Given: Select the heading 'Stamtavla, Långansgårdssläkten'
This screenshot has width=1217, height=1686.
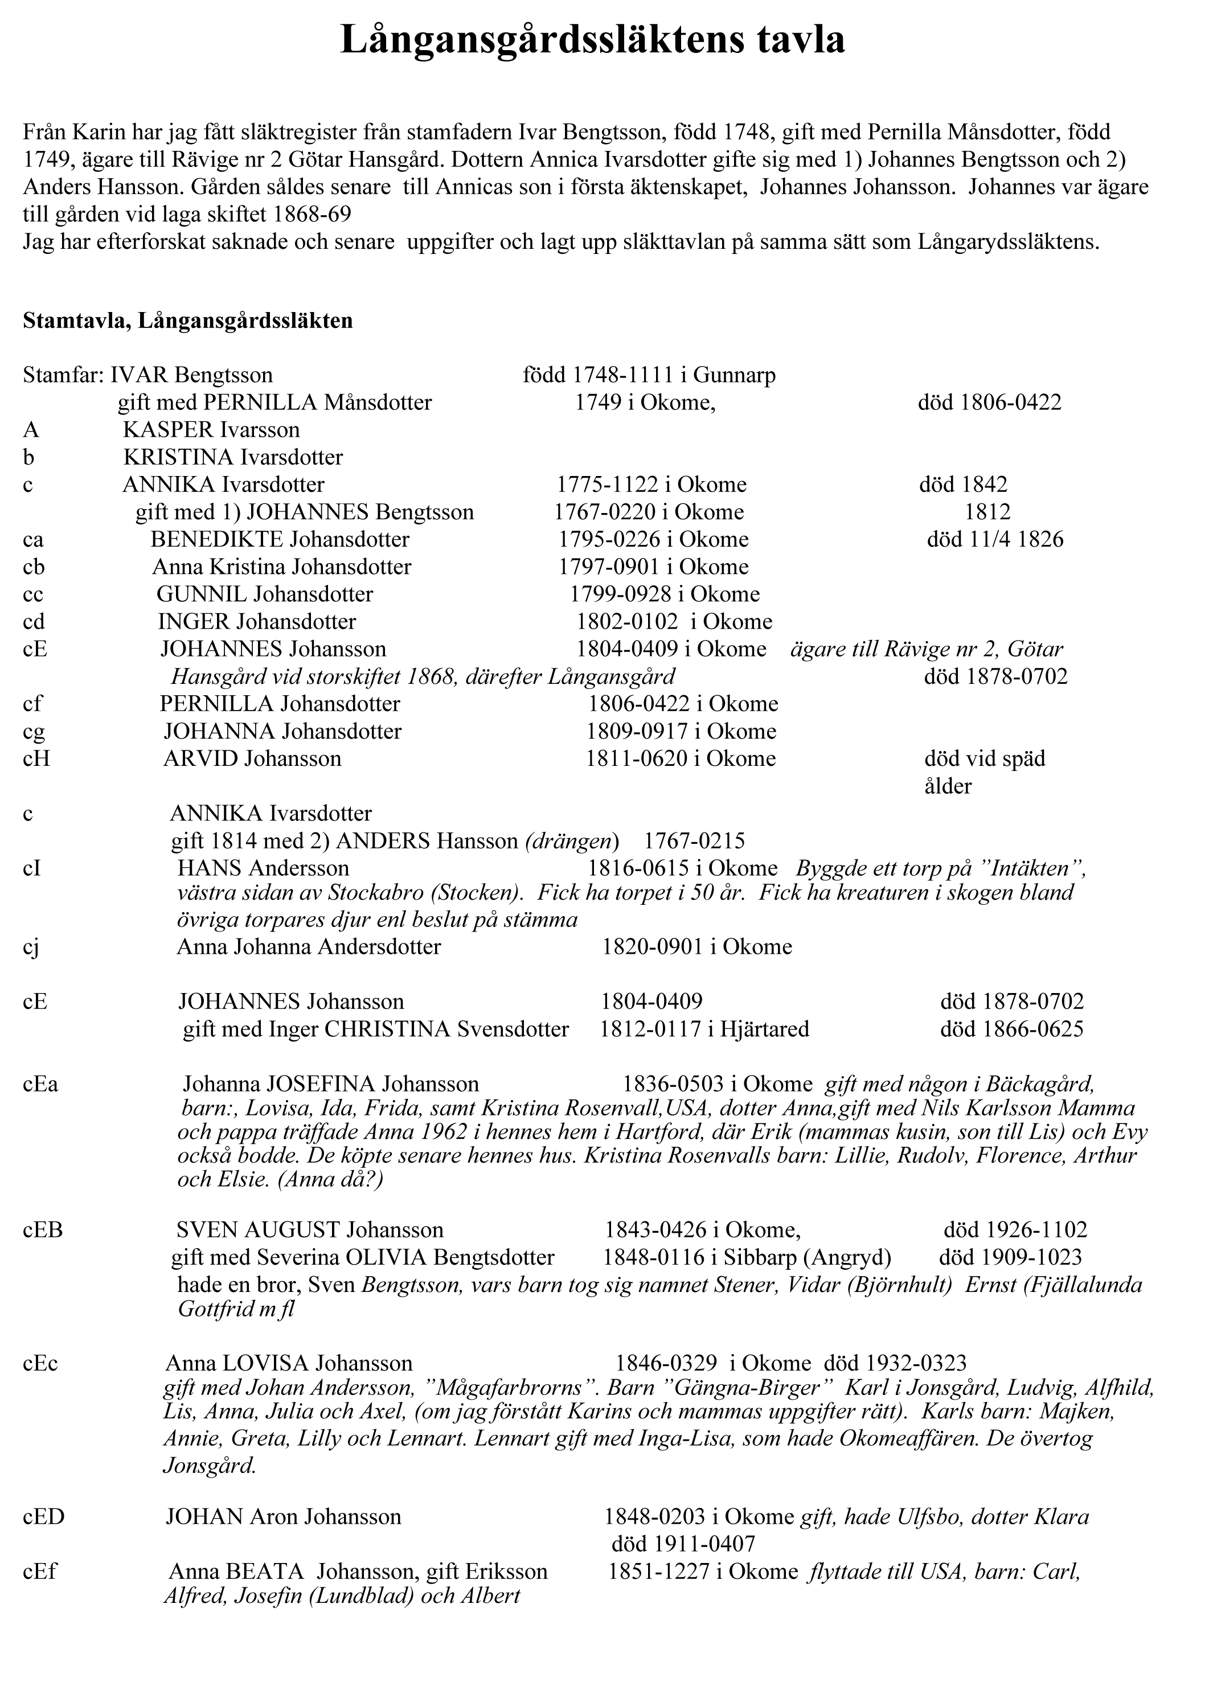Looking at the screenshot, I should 187,321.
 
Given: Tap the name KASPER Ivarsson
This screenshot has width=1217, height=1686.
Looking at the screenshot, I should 211,430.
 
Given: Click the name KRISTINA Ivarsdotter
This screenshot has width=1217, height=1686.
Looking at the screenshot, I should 233,457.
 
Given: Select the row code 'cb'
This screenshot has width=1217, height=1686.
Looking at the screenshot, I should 34,567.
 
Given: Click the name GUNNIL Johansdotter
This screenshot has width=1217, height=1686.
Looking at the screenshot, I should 265,594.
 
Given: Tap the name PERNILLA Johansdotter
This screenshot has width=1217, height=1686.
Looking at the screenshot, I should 280,703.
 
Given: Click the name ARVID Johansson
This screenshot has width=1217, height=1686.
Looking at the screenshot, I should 252,758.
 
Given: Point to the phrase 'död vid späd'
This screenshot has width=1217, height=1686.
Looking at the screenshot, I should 984,758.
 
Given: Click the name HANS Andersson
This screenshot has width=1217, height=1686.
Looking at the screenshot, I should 263,868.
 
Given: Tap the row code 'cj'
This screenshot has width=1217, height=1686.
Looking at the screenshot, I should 31,947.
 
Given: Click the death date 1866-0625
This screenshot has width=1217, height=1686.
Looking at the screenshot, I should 1012,1029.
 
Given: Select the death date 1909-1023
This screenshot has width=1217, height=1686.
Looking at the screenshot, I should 1010,1257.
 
